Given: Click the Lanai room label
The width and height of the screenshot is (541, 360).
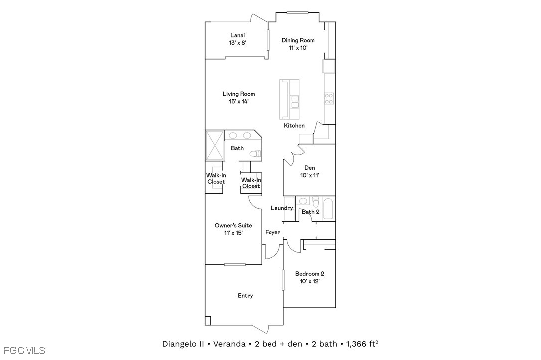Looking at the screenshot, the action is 238,35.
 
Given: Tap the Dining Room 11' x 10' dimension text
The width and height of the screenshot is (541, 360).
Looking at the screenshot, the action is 298,48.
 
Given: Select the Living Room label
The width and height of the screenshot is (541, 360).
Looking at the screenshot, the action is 239,94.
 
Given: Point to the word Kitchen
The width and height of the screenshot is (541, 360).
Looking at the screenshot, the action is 294,126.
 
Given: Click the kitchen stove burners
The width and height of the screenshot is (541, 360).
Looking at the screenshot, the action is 329,98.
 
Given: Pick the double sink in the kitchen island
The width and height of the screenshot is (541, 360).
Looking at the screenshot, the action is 294,102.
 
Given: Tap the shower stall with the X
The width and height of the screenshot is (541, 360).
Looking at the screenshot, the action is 215,145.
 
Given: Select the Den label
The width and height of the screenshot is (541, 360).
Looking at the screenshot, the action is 309,168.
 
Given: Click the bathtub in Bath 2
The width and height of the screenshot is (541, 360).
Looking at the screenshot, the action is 328,208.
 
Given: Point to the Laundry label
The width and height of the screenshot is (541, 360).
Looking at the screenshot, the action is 282,208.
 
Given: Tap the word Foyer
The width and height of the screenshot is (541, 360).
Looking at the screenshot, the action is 272,232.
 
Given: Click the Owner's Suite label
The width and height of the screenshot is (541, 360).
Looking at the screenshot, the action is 233,225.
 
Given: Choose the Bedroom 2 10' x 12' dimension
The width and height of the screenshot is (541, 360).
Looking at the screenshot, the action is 309,281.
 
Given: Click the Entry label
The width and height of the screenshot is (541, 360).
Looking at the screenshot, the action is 245,296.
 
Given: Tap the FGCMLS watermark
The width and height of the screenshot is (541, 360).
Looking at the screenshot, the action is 23,351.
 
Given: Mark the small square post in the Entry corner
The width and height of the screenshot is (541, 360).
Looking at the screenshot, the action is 208,321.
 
